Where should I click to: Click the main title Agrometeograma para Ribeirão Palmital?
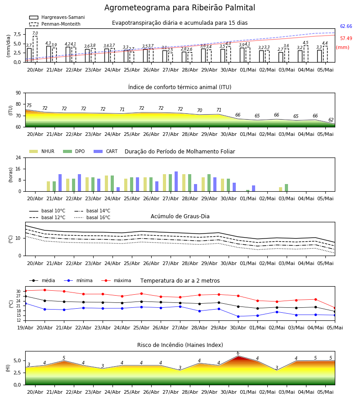(x=180, y=8)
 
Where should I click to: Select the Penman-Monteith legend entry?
(x=55, y=24)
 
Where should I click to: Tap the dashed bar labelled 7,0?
(x=35, y=49)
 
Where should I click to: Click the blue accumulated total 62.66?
(x=346, y=27)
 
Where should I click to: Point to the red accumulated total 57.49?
(x=346, y=39)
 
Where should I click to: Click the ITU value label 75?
(x=29, y=105)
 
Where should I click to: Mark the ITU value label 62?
(x=331, y=120)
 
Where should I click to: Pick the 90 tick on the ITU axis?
(x=18, y=93)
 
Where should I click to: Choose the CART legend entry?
(x=106, y=151)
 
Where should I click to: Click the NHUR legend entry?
(x=42, y=151)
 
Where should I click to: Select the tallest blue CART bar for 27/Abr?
(x=176, y=181)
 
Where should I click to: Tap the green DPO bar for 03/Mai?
(x=286, y=188)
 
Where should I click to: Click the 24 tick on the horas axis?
(x=18, y=157)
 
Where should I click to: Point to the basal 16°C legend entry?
(x=92, y=217)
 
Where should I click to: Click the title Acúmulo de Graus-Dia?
(x=180, y=216)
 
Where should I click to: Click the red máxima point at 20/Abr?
(x=45, y=290)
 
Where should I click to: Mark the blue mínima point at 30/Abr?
(x=238, y=316)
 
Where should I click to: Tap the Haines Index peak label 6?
(x=238, y=353)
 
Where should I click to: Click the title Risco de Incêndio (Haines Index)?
(x=180, y=345)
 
